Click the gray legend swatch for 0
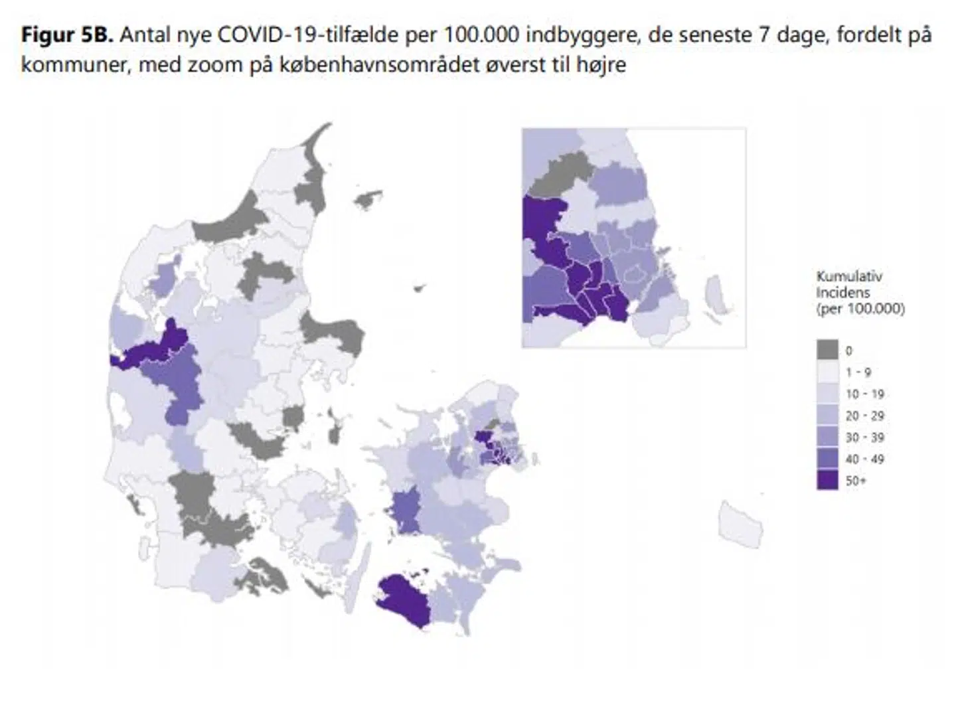827,350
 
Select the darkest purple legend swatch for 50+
827,480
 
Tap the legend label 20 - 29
864,416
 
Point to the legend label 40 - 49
864,459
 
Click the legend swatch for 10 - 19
827,394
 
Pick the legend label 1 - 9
858,372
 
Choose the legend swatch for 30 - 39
827,437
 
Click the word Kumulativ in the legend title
848,277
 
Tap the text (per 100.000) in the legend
860,309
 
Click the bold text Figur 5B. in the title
67,35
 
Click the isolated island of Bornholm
741,524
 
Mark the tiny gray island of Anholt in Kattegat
418,289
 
